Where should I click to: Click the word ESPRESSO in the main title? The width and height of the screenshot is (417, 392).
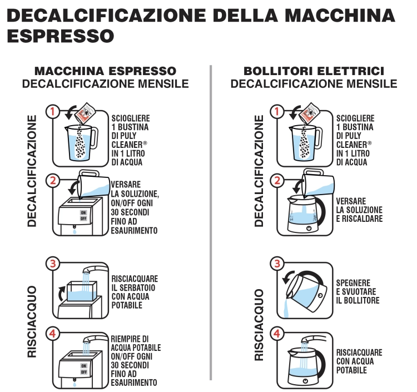61,36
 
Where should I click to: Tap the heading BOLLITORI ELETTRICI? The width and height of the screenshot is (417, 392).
314,71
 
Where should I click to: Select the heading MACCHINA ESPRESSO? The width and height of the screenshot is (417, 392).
105,71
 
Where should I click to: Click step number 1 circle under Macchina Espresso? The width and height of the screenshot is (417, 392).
53,111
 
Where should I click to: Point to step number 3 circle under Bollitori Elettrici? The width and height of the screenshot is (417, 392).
277,264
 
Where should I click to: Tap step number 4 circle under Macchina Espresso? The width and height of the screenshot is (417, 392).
53,334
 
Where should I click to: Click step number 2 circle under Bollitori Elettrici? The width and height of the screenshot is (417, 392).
277,181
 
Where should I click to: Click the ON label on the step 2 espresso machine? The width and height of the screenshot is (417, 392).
83,212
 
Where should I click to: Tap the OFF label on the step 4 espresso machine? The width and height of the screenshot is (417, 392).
84,372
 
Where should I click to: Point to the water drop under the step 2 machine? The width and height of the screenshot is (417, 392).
75,232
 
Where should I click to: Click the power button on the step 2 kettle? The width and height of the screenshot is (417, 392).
309,228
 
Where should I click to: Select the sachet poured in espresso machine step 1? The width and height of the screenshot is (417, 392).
85,113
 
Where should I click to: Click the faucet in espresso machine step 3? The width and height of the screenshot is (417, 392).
95,269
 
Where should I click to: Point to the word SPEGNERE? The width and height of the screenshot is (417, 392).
353,283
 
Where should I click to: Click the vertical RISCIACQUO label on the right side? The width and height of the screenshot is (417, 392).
259,325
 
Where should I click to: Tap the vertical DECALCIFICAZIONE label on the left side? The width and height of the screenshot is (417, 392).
32,171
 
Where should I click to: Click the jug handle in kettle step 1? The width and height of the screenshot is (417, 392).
319,138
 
